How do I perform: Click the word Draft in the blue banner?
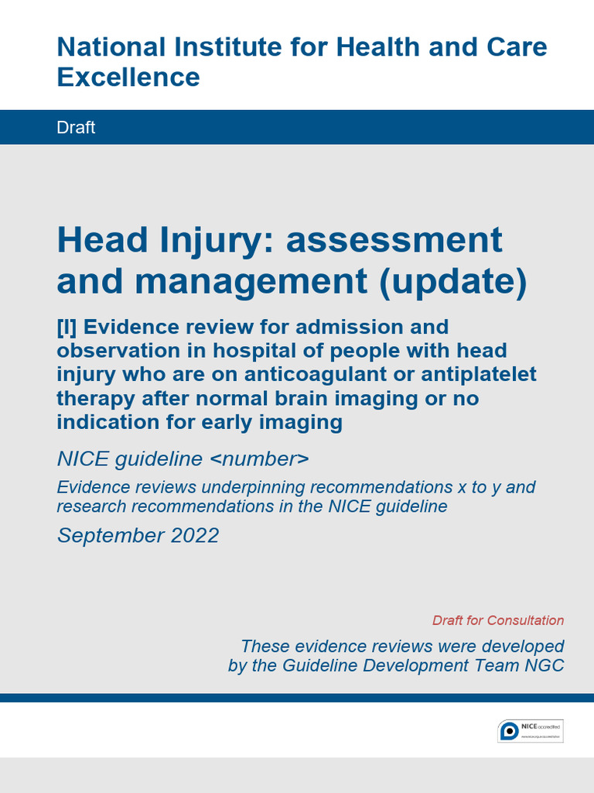(76, 128)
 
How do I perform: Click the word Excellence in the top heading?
(128, 77)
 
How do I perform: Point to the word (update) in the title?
(452, 282)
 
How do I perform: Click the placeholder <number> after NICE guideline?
(259, 458)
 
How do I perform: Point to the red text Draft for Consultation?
(498, 620)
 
